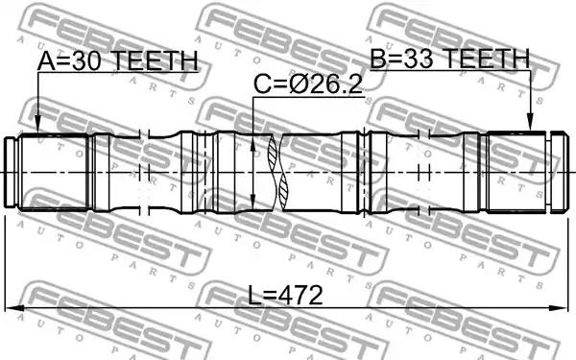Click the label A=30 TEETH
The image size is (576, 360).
117,61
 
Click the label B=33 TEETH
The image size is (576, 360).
450,59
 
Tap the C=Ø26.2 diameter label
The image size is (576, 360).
308,84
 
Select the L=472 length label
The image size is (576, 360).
285,296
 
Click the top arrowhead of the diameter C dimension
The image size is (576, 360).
252,145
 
